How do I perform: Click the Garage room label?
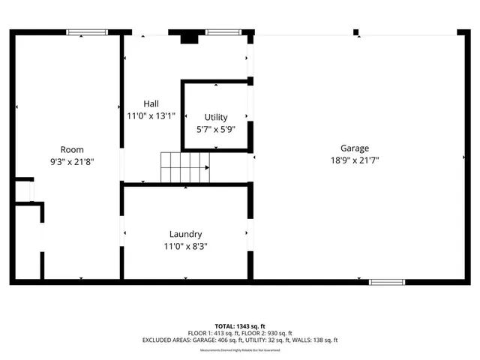(355, 148)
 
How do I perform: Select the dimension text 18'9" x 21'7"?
(355, 160)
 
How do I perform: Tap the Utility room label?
(216, 118)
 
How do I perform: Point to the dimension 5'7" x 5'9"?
(216, 128)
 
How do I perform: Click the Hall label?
(151, 104)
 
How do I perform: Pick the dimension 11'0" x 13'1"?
(151, 115)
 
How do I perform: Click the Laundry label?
(184, 235)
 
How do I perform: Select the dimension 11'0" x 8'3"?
(184, 246)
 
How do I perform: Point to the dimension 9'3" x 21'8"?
(72, 160)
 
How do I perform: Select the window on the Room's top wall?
(82, 32)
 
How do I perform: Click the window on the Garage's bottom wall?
(387, 283)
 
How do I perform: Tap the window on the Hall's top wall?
(219, 32)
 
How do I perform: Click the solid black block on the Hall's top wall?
(189, 37)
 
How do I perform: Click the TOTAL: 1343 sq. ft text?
(239, 325)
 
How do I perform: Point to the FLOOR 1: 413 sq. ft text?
(214, 333)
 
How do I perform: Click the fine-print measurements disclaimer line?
(239, 349)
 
